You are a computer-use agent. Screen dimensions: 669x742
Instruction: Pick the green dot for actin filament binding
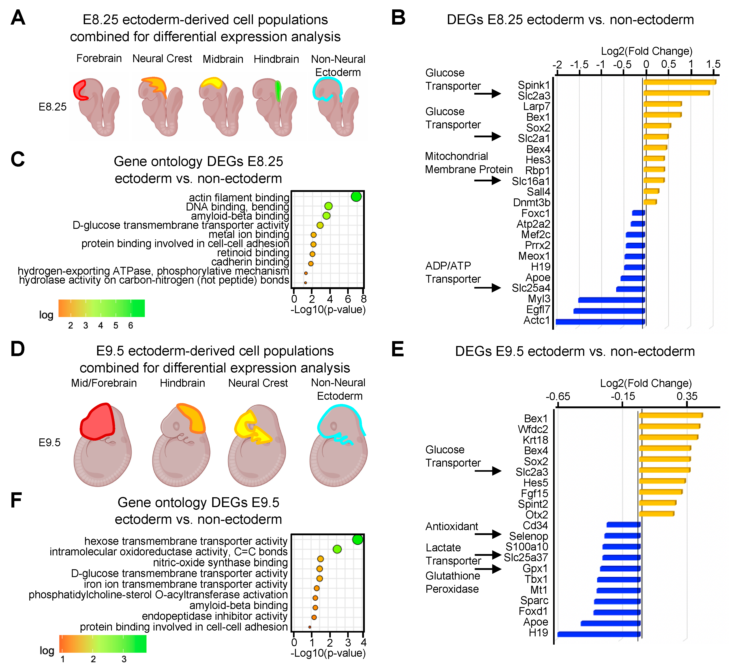(x=356, y=197)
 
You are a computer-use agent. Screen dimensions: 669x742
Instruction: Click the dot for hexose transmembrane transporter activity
(x=357, y=540)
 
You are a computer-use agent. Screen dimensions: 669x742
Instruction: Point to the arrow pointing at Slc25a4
(x=488, y=288)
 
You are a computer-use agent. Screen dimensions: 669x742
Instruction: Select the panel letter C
(x=18, y=159)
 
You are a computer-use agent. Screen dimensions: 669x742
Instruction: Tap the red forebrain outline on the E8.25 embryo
(x=80, y=90)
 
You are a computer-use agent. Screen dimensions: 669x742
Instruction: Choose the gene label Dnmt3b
(x=532, y=203)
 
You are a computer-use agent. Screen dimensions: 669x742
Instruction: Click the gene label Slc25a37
(x=526, y=558)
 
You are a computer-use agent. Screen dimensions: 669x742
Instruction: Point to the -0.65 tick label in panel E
(x=558, y=396)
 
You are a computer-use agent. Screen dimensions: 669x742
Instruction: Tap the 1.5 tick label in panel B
(x=713, y=64)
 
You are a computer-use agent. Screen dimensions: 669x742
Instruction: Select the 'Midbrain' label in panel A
(x=223, y=59)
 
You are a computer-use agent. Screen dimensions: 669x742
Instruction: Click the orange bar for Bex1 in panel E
(x=671, y=415)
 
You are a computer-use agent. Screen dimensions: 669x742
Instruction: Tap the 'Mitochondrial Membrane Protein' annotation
(x=468, y=163)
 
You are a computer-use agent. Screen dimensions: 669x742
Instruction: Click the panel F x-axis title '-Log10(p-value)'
(x=328, y=653)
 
